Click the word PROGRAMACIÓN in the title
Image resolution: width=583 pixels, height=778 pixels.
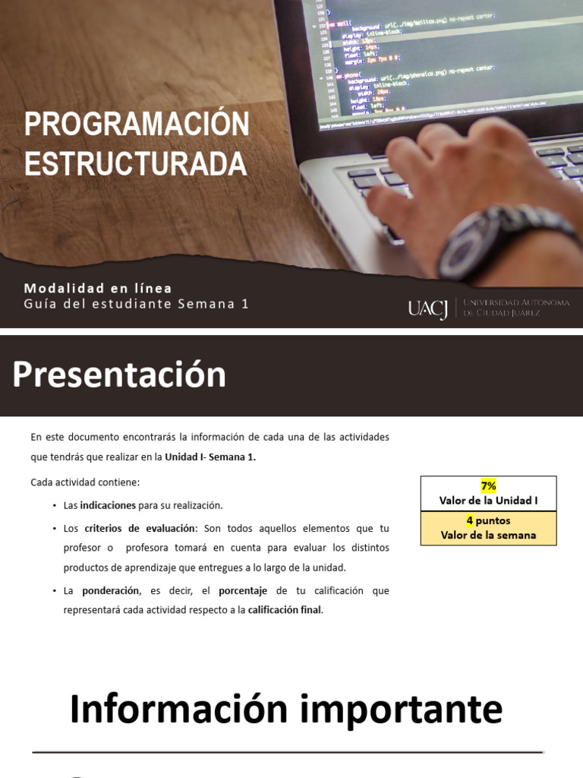point(137,125)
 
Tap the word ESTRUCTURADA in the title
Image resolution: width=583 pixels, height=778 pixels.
point(135,163)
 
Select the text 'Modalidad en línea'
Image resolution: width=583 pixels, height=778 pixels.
point(98,288)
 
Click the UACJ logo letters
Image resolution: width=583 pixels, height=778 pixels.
point(427,308)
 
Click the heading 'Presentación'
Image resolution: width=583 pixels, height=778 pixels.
point(119,375)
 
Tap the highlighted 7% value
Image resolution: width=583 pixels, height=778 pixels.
point(488,485)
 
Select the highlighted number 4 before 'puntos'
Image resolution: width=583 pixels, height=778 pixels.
point(470,520)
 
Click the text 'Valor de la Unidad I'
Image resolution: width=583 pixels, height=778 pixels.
point(488,500)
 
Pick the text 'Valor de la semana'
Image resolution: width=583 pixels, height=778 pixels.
point(488,535)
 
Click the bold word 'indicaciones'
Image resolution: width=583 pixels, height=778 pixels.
point(108,505)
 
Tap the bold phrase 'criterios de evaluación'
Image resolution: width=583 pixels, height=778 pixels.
point(140,528)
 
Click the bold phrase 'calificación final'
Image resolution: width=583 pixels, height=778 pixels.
point(285,609)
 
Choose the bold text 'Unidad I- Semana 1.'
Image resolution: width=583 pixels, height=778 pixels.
point(210,457)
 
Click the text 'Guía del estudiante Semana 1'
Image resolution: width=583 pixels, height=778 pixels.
point(136,304)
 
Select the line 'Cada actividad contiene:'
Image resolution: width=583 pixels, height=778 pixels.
point(86,482)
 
